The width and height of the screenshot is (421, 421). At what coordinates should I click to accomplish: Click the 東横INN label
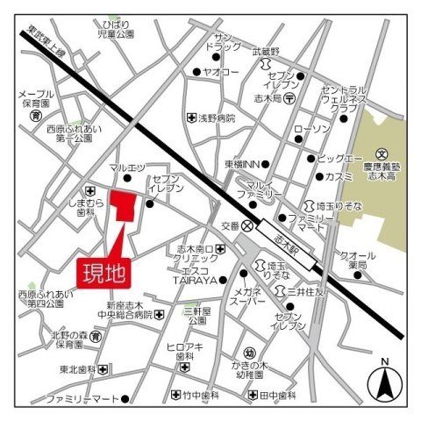[241, 163]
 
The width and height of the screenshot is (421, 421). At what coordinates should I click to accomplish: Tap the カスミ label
[339, 176]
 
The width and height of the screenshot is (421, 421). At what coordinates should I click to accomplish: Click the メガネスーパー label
[248, 296]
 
